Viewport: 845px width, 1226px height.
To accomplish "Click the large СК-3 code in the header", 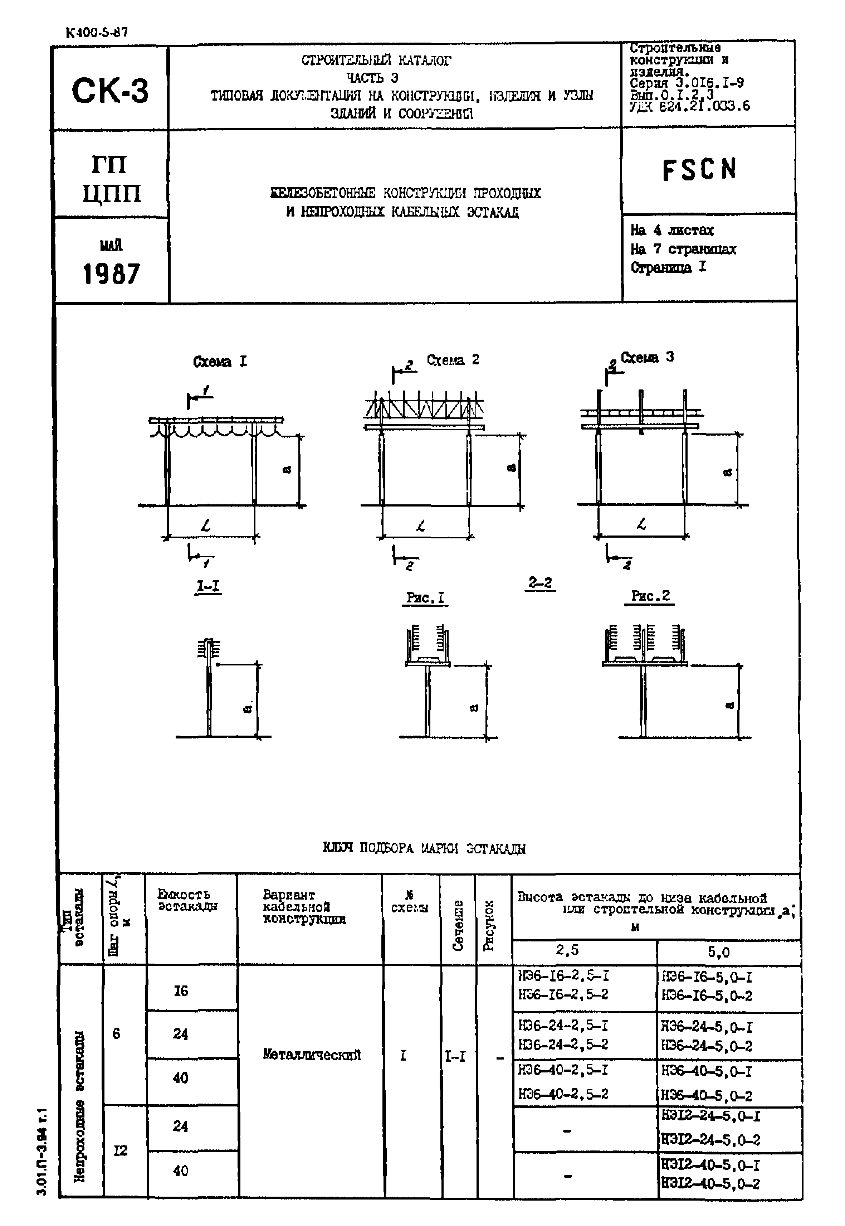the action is click(110, 90).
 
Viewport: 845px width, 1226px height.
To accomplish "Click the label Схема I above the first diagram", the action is click(219, 362).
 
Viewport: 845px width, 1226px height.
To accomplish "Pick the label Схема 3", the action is click(647, 358).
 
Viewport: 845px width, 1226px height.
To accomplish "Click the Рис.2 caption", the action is click(650, 596).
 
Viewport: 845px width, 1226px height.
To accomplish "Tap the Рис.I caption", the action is click(426, 598).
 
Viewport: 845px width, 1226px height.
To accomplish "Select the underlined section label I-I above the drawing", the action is click(208, 586).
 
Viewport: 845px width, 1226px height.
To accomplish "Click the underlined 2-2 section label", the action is click(540, 583).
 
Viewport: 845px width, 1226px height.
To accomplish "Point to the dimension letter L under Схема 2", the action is click(421, 526).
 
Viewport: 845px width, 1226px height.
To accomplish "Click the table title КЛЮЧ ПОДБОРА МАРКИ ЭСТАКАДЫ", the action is click(424, 848).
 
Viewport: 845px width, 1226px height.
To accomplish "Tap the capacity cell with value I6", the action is click(181, 991).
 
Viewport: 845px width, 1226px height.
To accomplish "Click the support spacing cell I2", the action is click(120, 1151).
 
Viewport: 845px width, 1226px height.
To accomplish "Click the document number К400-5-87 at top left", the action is click(96, 32).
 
